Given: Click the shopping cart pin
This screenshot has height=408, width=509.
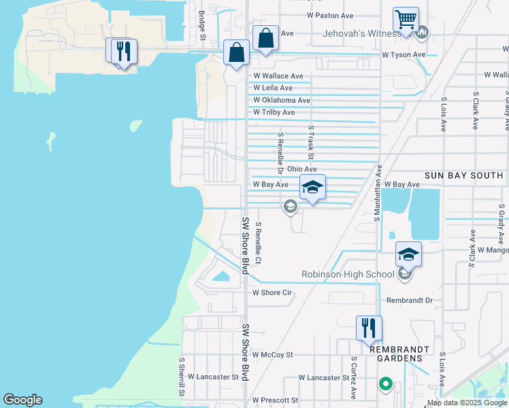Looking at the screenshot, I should (x=406, y=20).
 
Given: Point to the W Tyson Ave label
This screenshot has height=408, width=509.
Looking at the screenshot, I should (x=404, y=54).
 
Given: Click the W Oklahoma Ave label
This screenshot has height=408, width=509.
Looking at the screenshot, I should (x=282, y=100).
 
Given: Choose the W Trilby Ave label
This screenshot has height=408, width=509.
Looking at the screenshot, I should (x=274, y=112).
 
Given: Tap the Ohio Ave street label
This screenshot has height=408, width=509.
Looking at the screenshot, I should (x=302, y=169).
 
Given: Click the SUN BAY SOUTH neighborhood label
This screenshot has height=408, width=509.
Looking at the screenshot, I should (x=463, y=175).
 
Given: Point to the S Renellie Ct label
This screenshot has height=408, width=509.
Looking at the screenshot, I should (x=259, y=243).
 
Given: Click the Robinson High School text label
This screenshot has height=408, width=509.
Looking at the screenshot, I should (x=348, y=274).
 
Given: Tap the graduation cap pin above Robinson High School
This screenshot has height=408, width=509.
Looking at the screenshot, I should (x=408, y=255).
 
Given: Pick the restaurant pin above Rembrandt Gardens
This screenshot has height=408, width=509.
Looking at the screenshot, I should (x=369, y=328).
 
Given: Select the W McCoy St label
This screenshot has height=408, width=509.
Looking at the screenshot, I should (x=272, y=354).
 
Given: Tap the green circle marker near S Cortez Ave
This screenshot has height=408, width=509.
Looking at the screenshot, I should (x=386, y=384).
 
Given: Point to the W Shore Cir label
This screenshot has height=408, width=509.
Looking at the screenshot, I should (x=272, y=293).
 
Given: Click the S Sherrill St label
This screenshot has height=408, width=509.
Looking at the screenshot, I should (x=182, y=377).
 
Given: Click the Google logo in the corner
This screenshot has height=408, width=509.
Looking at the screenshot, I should (x=22, y=400).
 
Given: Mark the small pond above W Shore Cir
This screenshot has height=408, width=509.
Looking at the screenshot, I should (x=221, y=276).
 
